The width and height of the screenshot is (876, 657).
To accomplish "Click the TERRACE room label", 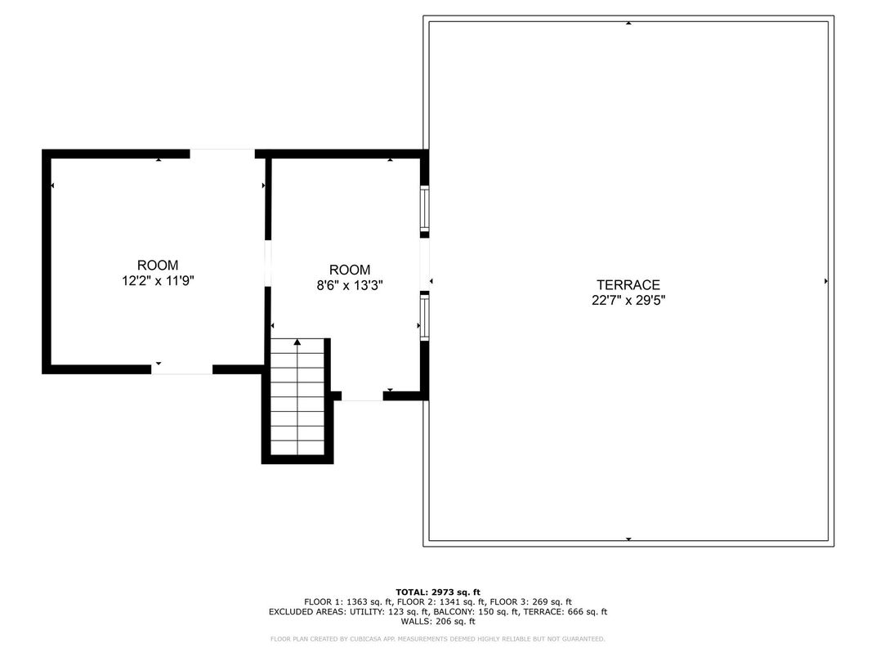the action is coord(628,285).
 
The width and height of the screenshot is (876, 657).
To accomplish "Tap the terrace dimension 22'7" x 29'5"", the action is coord(628,301).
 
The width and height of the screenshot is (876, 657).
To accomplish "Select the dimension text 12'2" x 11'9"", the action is coord(158,280).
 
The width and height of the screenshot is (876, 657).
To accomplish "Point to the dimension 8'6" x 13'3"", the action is coord(349,285).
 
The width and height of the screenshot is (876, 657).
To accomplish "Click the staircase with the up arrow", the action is coord(297,397).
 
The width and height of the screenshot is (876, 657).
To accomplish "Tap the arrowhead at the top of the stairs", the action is coord(297,342).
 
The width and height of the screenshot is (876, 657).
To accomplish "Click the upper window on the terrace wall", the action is coord(425,209).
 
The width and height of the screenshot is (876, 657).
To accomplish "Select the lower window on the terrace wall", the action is coord(425,317).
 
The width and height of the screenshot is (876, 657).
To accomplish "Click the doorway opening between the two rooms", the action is coord(267,263).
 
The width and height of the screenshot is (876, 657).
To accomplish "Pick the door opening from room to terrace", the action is coord(425,264).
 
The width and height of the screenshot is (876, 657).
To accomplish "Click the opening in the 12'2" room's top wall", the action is coord(222,154).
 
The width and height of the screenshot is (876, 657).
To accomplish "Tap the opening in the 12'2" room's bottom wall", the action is coord(181,369).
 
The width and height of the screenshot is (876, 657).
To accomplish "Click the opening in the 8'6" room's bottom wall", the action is coord(362,396).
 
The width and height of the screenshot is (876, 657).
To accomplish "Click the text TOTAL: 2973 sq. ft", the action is coord(438,592).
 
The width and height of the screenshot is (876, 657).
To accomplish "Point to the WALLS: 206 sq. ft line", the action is coord(438,621).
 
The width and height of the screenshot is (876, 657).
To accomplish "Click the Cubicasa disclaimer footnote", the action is coord(437,638).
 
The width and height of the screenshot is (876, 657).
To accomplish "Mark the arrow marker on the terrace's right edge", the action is coord(826,281).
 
